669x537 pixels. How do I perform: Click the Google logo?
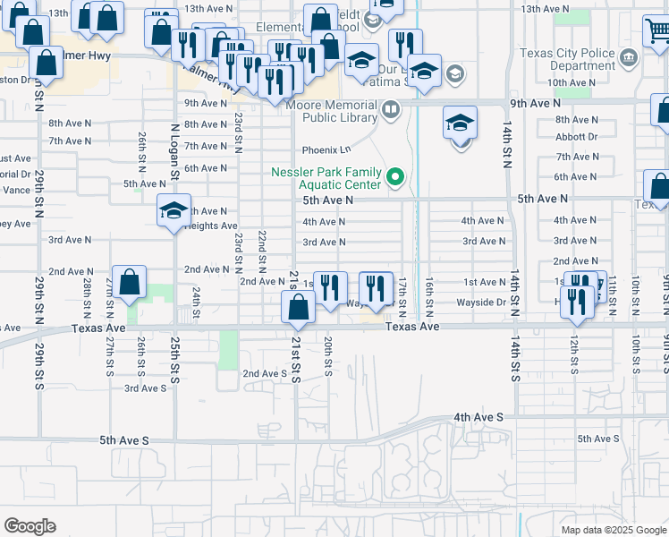coord(30,526)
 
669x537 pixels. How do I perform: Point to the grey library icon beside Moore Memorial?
coord(390,110)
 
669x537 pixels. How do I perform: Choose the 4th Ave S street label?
coord(478,417)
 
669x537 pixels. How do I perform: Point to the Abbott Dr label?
coord(577,137)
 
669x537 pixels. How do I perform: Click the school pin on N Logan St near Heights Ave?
coord(174,211)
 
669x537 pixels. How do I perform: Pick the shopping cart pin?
coord(656,31)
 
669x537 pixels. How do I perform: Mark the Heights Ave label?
coord(211,226)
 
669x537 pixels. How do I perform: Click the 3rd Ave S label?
coord(145,388)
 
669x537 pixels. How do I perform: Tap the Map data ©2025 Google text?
coord(613,530)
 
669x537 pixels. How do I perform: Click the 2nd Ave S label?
coord(265,373)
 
